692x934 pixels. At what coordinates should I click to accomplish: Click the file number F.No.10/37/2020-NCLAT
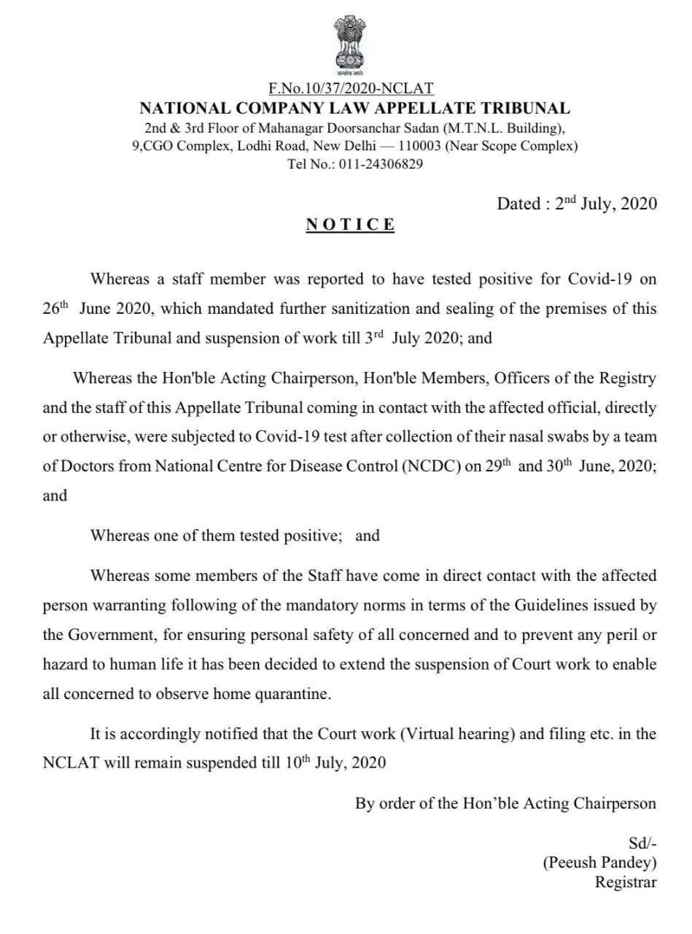[x=351, y=89]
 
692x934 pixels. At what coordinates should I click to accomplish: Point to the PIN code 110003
[x=421, y=146]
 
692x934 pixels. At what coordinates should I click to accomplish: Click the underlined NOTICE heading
[x=350, y=224]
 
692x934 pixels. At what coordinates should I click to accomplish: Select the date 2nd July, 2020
[x=606, y=204]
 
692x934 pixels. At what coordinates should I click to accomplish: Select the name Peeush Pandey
[x=599, y=862]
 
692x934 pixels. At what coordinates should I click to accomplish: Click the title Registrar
[x=626, y=882]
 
